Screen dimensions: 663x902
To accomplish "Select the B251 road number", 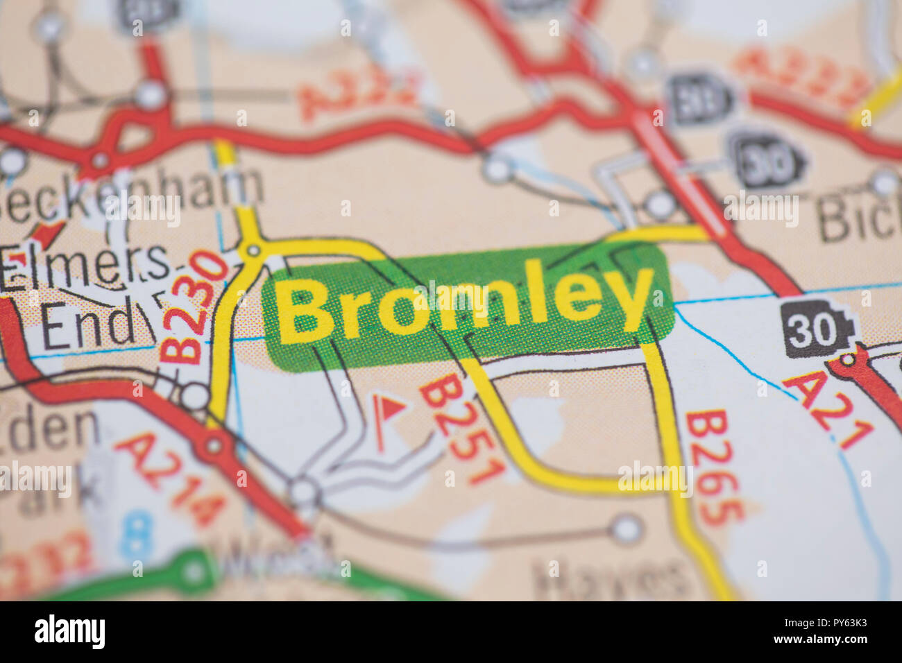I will [462, 430].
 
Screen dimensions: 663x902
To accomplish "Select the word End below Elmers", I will [87, 326].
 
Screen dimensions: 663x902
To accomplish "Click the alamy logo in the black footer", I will [69, 632].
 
